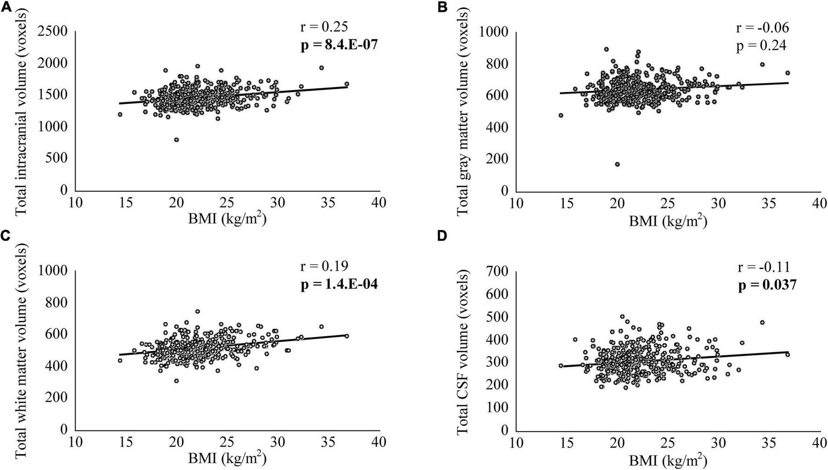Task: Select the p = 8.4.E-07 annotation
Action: pyautogui.click(x=338, y=45)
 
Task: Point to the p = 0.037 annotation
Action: pyautogui.click(x=767, y=285)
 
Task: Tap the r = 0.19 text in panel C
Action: pyautogui.click(x=323, y=267)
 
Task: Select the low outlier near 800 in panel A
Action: pyautogui.click(x=176, y=140)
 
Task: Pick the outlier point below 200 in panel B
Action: pyautogui.click(x=617, y=164)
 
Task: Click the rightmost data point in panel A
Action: pyautogui.click(x=347, y=84)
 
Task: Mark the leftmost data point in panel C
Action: pyautogui.click(x=120, y=361)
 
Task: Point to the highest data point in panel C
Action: pyautogui.click(x=197, y=311)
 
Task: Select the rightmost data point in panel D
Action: pyautogui.click(x=787, y=354)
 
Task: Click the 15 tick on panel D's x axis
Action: pyautogui.click(x=566, y=442)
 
